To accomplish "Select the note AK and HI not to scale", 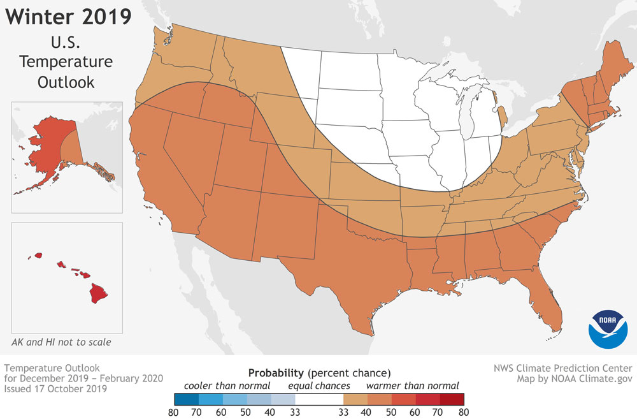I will coord(61,342).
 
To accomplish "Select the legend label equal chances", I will coord(318,385).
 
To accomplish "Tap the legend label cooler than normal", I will coord(227,385).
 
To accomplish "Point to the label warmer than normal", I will coord(412,385).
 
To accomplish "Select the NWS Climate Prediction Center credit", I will coord(562,368).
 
